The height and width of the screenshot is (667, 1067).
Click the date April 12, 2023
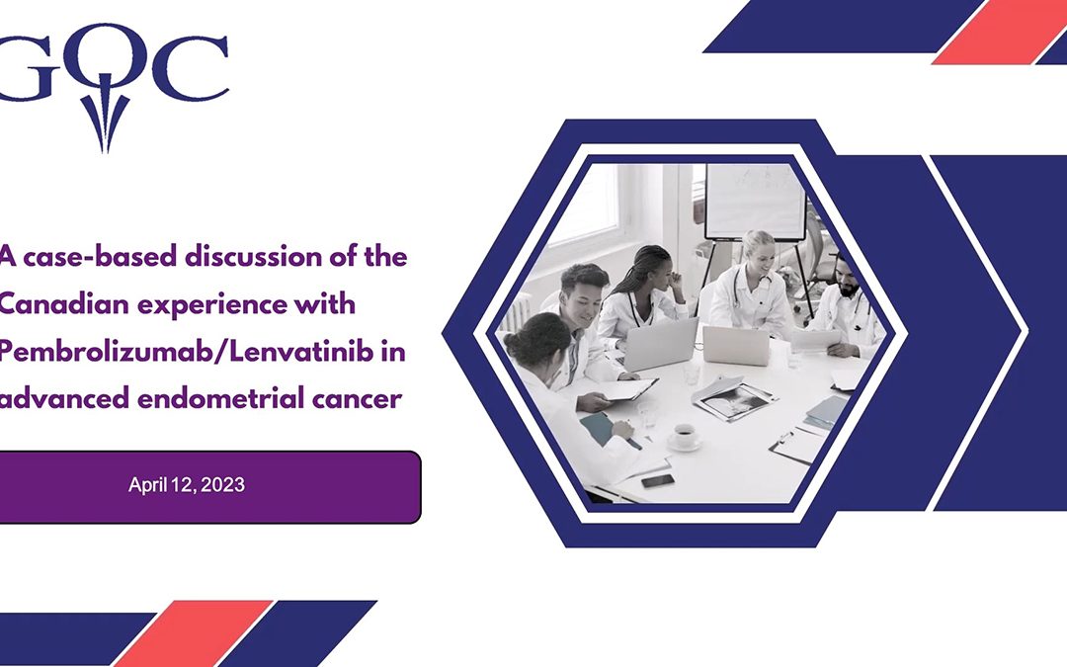[187, 485]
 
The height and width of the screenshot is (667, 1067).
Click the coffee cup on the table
[682, 436]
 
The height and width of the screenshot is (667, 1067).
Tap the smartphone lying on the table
[657, 480]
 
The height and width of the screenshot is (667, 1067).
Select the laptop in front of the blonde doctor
[736, 345]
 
